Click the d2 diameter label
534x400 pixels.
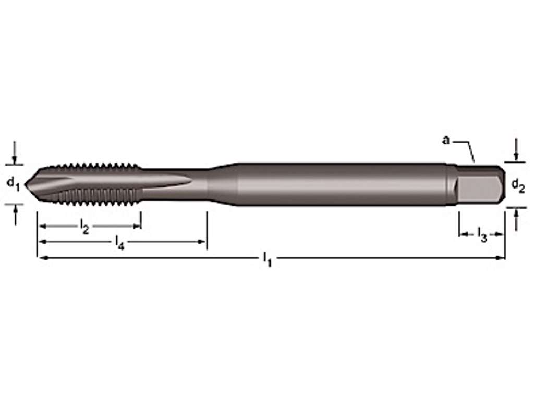tap(517, 185)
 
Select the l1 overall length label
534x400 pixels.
tap(267, 258)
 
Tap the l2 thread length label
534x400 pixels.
tap(84, 227)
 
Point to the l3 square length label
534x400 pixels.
tap(482, 235)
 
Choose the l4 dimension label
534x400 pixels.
tap(119, 243)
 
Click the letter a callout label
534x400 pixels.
tap(445, 140)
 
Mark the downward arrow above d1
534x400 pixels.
tap(15, 157)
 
